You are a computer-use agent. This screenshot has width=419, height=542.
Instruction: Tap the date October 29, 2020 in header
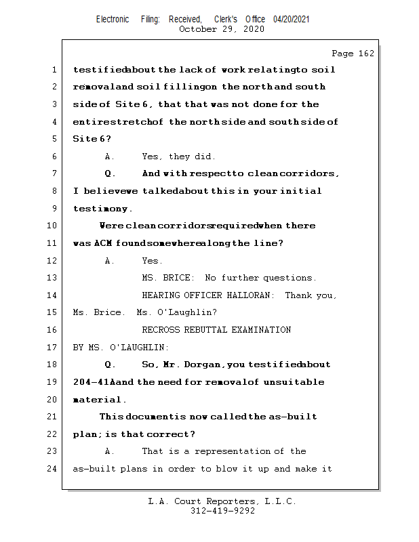click(222, 29)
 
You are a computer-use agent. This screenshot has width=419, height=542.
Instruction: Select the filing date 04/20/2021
click(292, 20)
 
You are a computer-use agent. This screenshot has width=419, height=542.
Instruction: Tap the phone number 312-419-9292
click(222, 511)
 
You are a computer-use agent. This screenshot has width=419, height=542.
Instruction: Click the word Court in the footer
click(194, 501)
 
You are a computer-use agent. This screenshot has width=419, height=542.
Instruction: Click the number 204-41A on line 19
click(94, 382)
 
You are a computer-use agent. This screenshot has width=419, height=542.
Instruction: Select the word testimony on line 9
click(101, 209)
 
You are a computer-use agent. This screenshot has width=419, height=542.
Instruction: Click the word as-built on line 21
click(293, 417)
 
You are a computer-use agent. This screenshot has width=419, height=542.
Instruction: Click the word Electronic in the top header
click(113, 20)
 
